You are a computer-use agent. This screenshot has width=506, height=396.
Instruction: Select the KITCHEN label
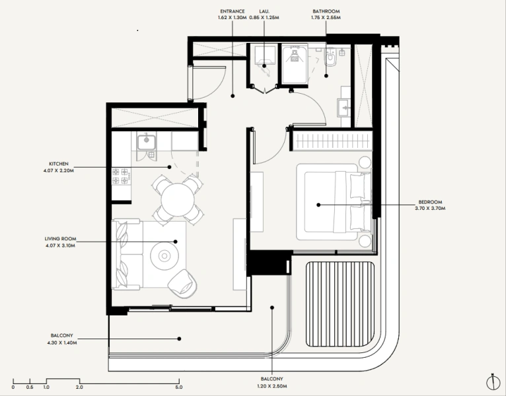[x=59, y=163]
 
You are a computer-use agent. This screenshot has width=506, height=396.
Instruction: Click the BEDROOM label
[x=429, y=201]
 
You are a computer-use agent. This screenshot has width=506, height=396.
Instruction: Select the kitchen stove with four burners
[x=121, y=176]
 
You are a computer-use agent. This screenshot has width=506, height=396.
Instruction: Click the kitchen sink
[x=145, y=141]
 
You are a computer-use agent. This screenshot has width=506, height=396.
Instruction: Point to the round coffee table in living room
[x=163, y=255]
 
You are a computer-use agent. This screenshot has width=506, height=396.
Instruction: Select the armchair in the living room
[x=183, y=283]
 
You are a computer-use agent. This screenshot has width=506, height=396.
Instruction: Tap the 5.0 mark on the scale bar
[x=178, y=387]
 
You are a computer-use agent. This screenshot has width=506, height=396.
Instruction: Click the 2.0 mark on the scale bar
[x=79, y=387]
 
